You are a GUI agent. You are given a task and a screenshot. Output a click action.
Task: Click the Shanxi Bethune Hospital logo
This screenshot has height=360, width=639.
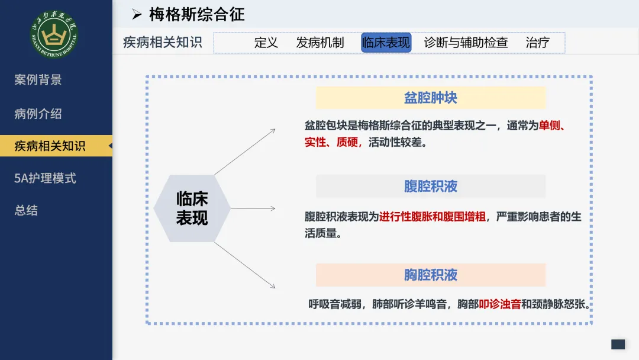click(54, 34)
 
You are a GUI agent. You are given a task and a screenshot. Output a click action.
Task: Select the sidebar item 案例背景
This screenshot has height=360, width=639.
click(38, 79)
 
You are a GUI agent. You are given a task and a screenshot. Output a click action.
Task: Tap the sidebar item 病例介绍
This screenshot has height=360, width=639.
click(38, 114)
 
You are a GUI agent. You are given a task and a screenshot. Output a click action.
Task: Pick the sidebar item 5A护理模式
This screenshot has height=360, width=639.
click(45, 178)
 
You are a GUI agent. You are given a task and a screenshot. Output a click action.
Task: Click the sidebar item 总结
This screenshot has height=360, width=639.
click(26, 210)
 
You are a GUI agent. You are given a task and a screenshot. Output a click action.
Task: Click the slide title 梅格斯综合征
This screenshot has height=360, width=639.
click(197, 15)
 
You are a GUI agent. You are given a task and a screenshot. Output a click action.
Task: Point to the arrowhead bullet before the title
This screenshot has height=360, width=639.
click(137, 15)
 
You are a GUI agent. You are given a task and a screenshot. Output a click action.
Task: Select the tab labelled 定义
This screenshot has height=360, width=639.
click(266, 43)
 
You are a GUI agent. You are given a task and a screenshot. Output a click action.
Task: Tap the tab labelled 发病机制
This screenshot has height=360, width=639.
click(320, 43)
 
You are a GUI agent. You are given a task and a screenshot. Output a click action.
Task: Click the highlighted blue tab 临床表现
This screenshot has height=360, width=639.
click(386, 43)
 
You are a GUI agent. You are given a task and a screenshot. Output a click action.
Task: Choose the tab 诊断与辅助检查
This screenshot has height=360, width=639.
click(466, 43)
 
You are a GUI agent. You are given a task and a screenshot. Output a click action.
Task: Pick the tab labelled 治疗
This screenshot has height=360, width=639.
click(537, 43)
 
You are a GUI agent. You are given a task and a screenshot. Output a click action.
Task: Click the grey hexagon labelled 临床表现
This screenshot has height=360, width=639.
click(192, 208)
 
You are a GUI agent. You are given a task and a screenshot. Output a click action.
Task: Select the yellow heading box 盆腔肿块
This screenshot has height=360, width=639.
click(431, 98)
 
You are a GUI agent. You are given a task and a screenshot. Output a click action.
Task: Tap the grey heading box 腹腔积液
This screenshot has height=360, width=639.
click(431, 187)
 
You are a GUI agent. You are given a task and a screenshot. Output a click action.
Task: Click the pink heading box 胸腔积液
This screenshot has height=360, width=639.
click(431, 275)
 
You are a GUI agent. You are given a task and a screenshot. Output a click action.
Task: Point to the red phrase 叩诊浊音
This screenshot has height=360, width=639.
click(500, 304)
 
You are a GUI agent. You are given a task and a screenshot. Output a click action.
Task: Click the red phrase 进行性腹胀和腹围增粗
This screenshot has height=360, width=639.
click(433, 217)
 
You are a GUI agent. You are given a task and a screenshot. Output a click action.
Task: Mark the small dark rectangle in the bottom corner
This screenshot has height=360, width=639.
click(618, 345)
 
